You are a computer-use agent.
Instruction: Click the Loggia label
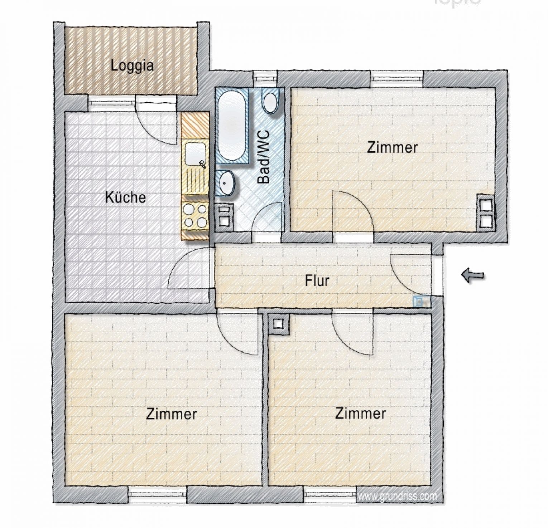(132, 66)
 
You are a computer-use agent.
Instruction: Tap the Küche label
(125, 197)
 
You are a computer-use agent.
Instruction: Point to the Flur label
(317, 281)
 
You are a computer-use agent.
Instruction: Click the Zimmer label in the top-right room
(392, 147)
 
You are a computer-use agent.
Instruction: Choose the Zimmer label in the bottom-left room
(172, 414)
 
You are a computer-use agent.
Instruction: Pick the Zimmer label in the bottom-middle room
(360, 414)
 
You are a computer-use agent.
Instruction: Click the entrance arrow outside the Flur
(473, 275)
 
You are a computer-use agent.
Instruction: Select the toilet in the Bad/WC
(271, 102)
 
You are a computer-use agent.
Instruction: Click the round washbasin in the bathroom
(226, 182)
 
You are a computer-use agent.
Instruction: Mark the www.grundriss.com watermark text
(397, 496)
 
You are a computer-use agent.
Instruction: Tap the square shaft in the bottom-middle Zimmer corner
(278, 324)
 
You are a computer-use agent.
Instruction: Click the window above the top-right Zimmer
(396, 76)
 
